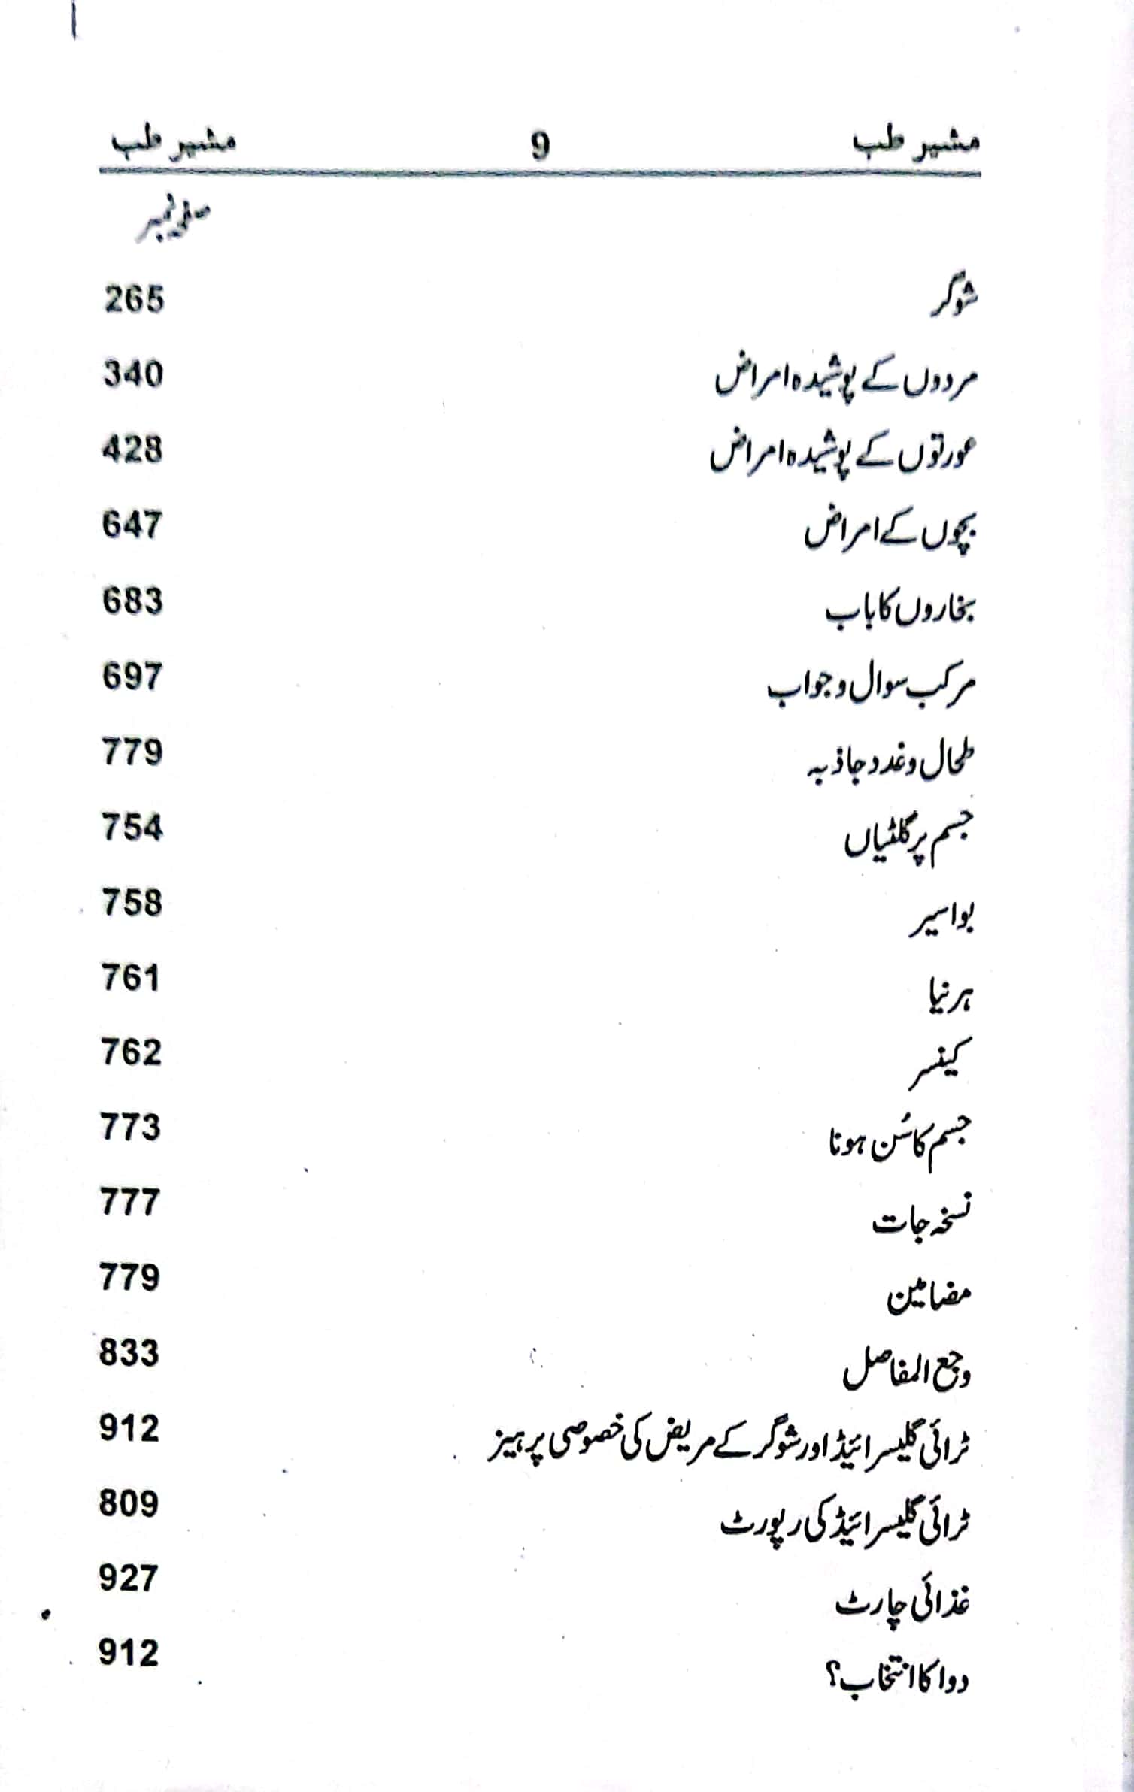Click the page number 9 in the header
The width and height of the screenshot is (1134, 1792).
541,146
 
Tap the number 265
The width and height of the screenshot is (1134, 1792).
134,299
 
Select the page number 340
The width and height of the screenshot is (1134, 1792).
133,374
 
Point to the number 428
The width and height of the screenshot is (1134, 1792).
132,450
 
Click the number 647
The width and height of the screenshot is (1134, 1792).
132,525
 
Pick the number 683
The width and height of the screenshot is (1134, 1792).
132,601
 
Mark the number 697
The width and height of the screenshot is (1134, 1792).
132,677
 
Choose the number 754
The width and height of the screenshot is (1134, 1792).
132,828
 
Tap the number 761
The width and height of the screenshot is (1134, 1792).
131,978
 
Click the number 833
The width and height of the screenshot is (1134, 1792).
129,1353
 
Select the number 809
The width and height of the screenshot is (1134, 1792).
129,1503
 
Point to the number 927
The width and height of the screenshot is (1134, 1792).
129,1578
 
